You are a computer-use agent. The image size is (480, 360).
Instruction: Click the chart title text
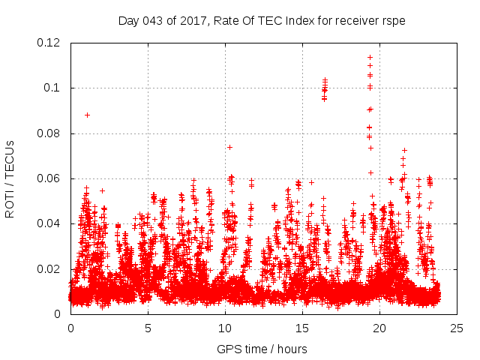pyautogui.click(x=262, y=21)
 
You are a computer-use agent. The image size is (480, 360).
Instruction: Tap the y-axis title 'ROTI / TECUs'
pyautogui.click(x=10, y=178)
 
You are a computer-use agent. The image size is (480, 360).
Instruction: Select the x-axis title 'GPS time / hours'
pyautogui.click(x=262, y=349)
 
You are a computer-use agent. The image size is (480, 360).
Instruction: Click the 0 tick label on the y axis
pyautogui.click(x=58, y=314)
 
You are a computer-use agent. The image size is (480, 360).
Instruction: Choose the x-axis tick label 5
pyautogui.click(x=148, y=328)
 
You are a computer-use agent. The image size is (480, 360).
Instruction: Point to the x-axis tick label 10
pyautogui.click(x=225, y=328)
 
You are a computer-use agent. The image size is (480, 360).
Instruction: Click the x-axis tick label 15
pyautogui.click(x=302, y=328)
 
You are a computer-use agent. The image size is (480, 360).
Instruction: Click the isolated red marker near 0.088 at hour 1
pyautogui.click(x=87, y=115)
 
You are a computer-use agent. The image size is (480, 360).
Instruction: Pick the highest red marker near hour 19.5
pyautogui.click(x=370, y=57)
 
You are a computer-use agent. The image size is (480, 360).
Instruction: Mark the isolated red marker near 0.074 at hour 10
pyautogui.click(x=229, y=147)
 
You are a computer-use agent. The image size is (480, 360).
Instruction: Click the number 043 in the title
pyautogui.click(x=152, y=21)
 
